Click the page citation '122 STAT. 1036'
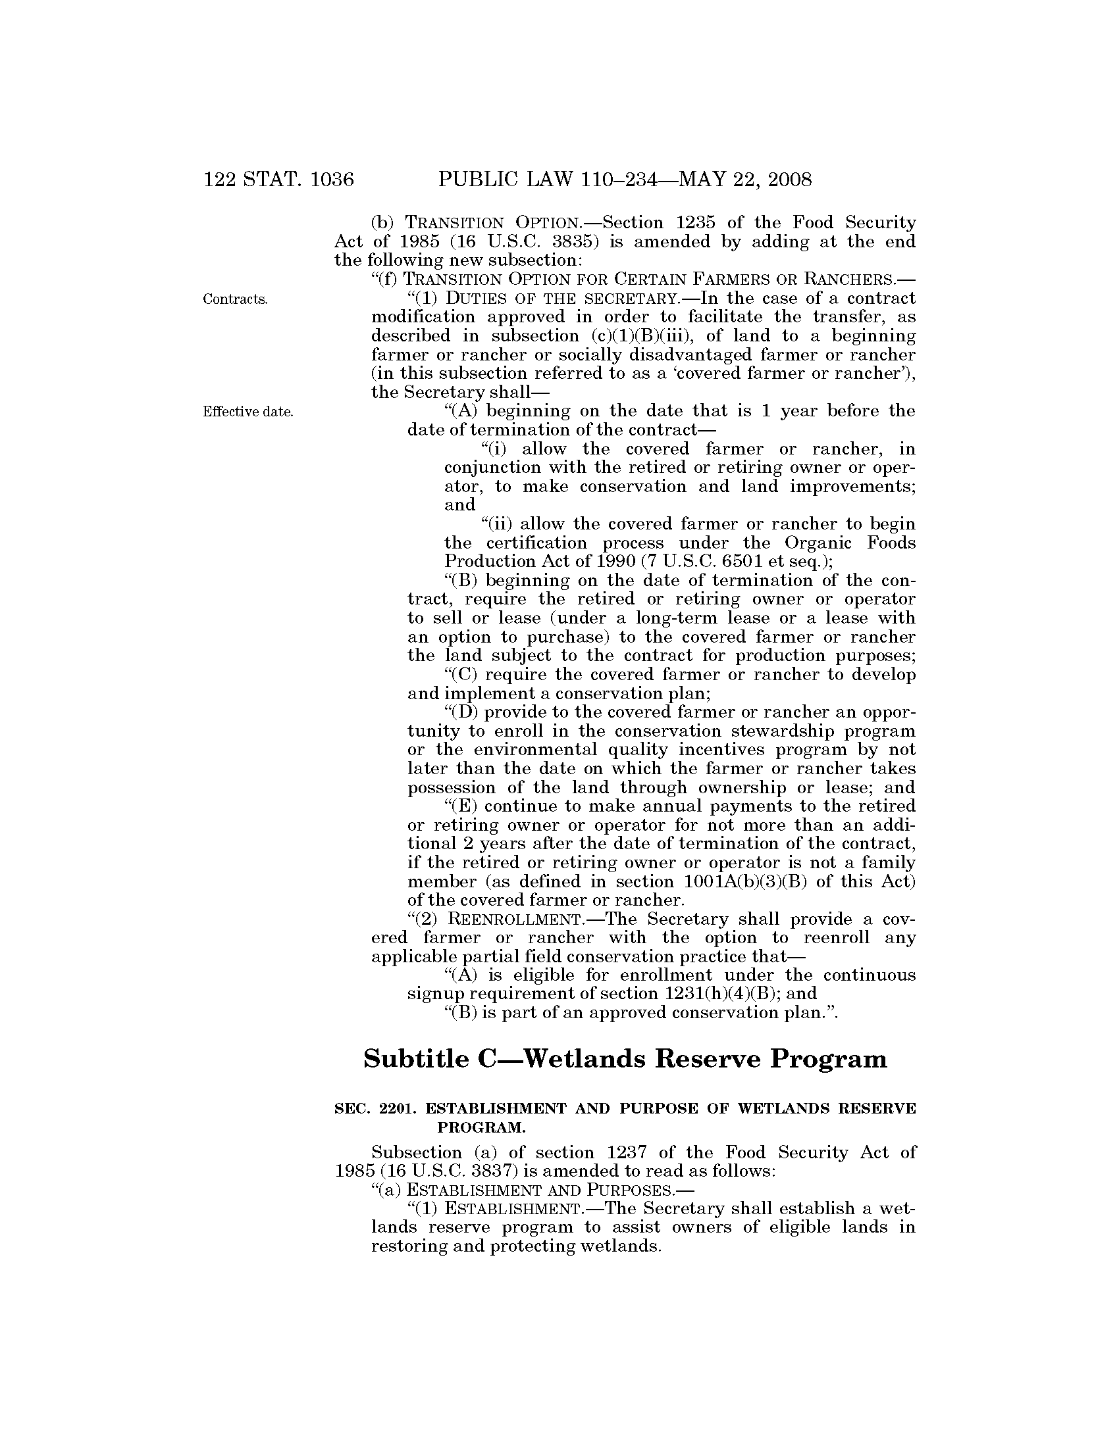(x=278, y=180)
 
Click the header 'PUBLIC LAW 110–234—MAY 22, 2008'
(x=625, y=180)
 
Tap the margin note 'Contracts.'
(x=236, y=299)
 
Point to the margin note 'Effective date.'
(x=248, y=412)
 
